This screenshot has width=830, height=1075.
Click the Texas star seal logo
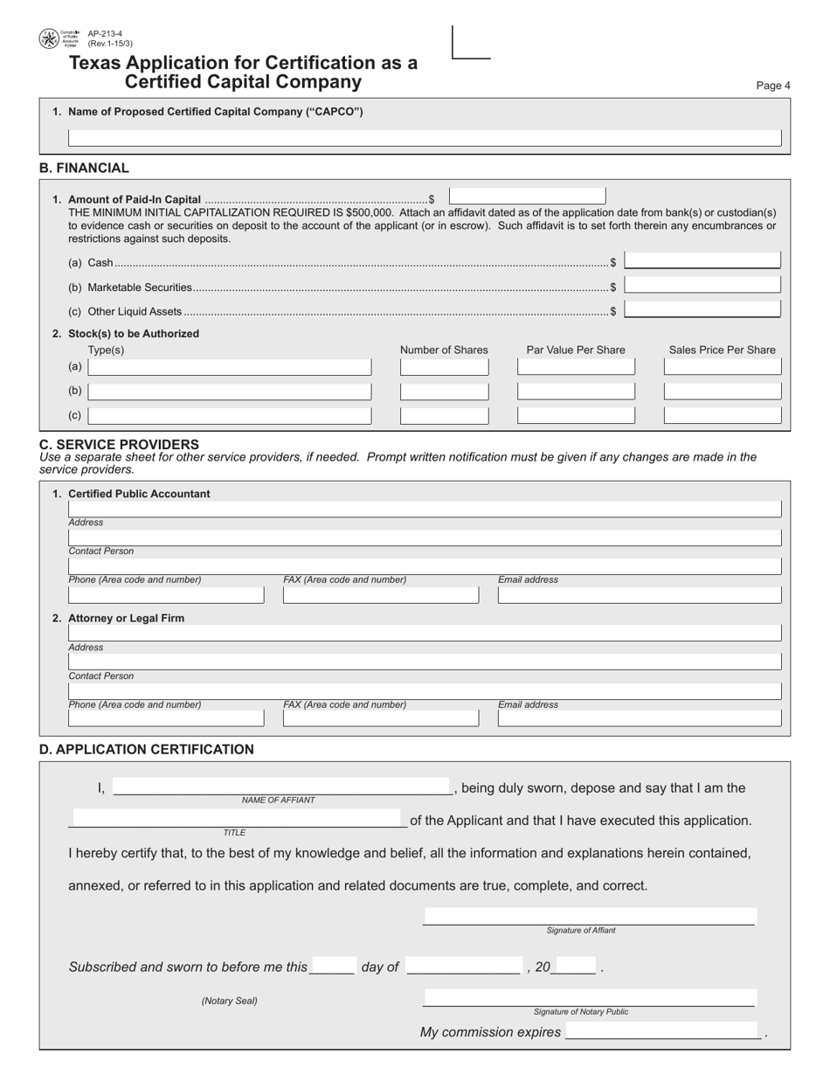(x=49, y=38)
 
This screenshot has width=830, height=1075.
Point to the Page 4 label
(x=772, y=86)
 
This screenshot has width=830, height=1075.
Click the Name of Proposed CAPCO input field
(x=425, y=138)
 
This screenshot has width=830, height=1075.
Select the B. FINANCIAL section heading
(x=84, y=168)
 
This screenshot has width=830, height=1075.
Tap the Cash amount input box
(x=703, y=261)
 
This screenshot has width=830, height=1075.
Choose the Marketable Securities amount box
(x=703, y=286)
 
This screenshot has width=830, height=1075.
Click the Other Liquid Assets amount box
(x=703, y=309)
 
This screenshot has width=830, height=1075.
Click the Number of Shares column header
(x=444, y=350)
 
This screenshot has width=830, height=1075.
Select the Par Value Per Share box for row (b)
(x=576, y=391)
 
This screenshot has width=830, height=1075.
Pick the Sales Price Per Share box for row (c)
(x=723, y=415)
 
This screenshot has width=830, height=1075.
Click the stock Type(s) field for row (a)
(x=229, y=367)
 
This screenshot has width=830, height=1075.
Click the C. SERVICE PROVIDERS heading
(x=119, y=444)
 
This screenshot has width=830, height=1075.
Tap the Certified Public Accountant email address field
(x=640, y=595)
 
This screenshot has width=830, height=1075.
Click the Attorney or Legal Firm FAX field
(x=381, y=718)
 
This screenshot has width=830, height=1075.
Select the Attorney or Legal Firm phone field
(x=166, y=718)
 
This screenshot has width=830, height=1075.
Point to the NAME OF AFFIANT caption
(x=278, y=801)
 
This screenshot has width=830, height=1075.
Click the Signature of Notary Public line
(x=589, y=999)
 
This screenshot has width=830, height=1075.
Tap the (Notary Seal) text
(x=229, y=1002)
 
